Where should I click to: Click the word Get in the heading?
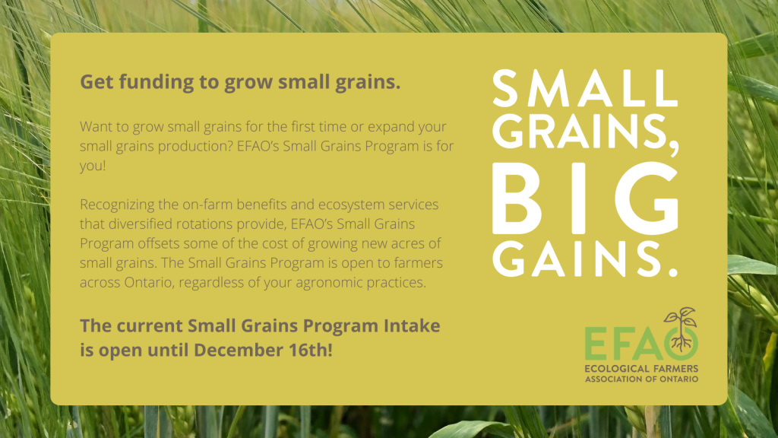(96, 82)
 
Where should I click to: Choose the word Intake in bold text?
(412, 325)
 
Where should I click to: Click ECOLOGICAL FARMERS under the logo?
(641, 369)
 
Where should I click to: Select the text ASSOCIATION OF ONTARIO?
(641, 379)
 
